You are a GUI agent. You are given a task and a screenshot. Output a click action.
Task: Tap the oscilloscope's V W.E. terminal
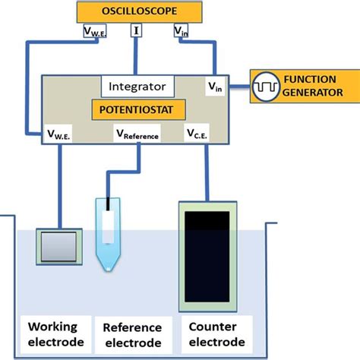click(96, 32)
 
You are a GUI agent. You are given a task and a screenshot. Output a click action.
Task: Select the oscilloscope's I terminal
click(137, 31)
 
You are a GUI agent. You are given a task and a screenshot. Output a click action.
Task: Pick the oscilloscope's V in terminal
click(182, 32)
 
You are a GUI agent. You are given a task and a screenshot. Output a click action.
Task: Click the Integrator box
click(138, 86)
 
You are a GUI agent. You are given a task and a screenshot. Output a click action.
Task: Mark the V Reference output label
click(137, 135)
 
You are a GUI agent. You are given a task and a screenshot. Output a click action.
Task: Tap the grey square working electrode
click(58, 247)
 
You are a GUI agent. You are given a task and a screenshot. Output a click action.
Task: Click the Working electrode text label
click(53, 334)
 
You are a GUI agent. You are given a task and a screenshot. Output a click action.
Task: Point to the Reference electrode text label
click(132, 335)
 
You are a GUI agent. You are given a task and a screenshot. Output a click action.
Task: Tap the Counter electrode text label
click(215, 335)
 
